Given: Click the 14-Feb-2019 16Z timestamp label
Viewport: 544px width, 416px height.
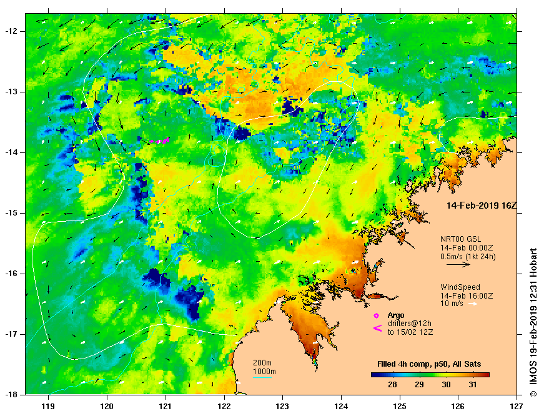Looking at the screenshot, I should point(477,205).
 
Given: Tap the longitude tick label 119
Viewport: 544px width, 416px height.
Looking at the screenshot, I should point(48,405).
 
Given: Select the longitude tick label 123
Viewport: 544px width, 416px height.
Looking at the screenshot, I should point(282,405).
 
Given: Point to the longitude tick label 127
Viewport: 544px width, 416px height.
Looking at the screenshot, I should point(517,405).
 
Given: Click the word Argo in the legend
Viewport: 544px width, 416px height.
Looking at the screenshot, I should point(396,315).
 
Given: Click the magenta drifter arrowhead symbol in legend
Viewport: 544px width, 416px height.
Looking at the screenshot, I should point(377,328).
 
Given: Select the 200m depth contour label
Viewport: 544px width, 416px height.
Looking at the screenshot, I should point(262,363).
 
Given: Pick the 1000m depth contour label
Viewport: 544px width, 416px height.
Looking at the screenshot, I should point(262,372).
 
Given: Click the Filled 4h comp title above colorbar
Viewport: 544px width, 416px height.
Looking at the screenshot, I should point(428,364).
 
